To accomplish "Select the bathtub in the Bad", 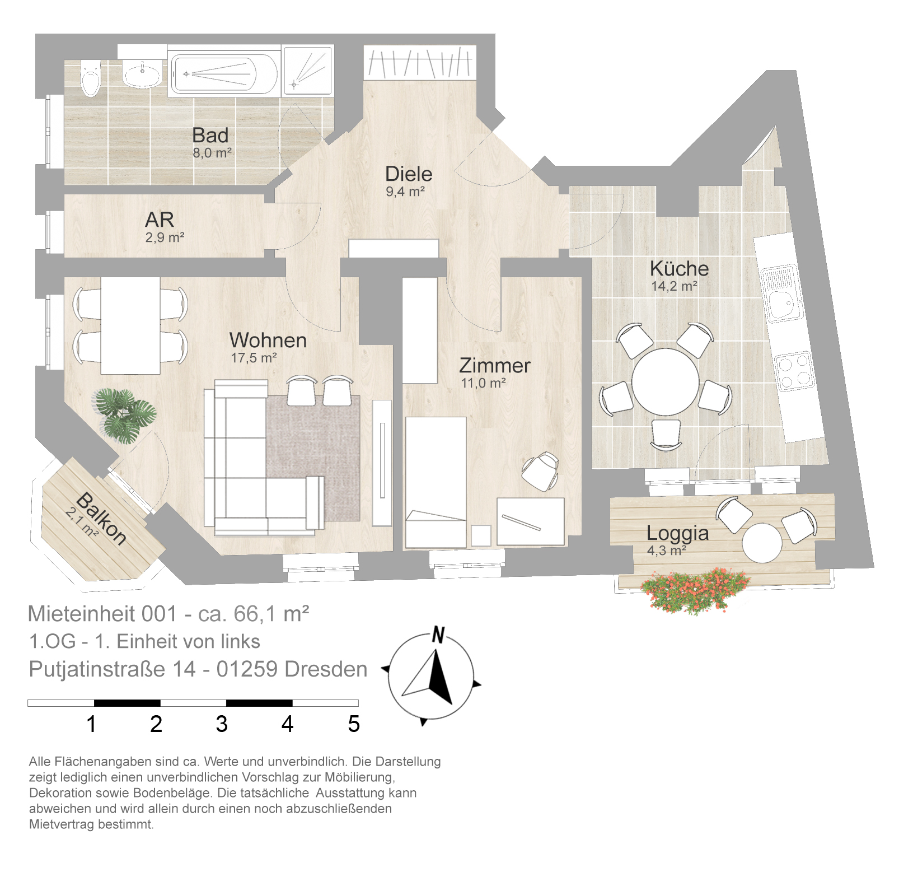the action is (x=223, y=74).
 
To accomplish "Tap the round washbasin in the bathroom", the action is (x=143, y=73).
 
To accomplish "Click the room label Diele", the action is (x=409, y=174).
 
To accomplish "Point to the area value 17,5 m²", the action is (x=254, y=357).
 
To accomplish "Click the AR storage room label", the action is (x=160, y=220).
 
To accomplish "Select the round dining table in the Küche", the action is (x=666, y=381).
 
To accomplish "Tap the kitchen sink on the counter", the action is (x=781, y=294).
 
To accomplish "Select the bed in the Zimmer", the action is (x=436, y=482).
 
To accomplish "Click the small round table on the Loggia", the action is (x=762, y=543).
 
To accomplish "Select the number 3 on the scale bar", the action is (x=222, y=724).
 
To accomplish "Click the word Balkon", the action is (x=101, y=518).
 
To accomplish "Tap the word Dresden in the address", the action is (x=326, y=669).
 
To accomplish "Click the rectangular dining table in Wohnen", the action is (x=130, y=325).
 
